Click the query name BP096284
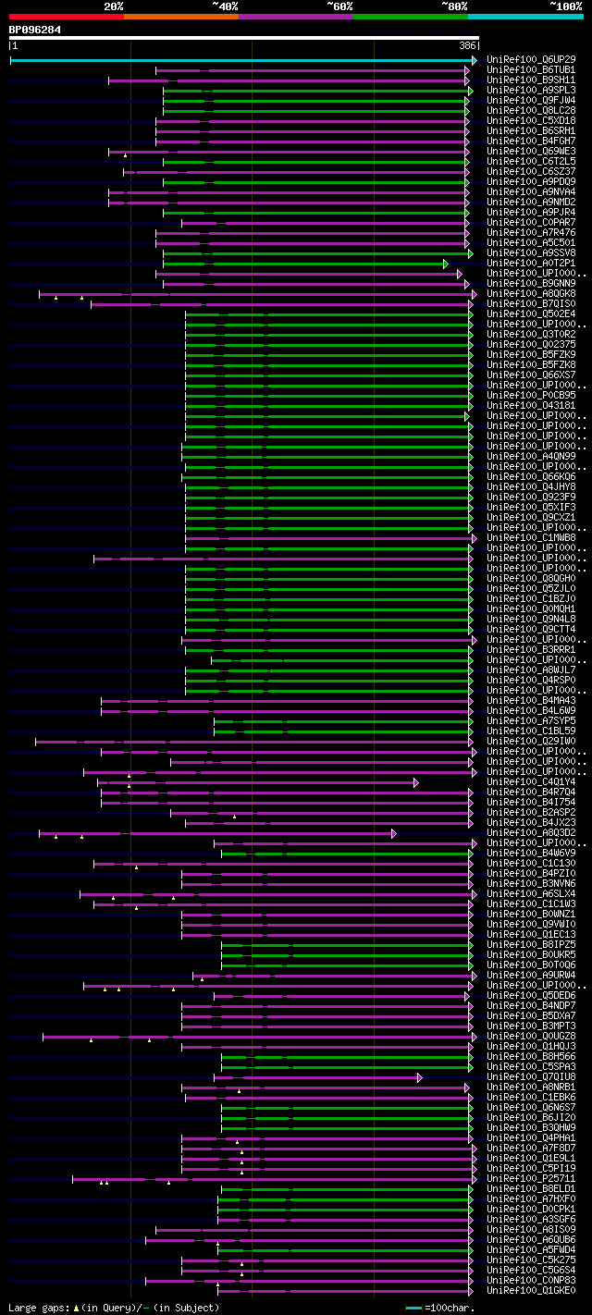[35, 30]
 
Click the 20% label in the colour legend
[113, 6]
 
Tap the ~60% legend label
[339, 6]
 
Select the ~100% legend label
[565, 6]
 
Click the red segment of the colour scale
[66, 17]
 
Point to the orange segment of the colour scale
[180, 17]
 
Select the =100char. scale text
[452, 1308]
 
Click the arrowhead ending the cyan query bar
[475, 60]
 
